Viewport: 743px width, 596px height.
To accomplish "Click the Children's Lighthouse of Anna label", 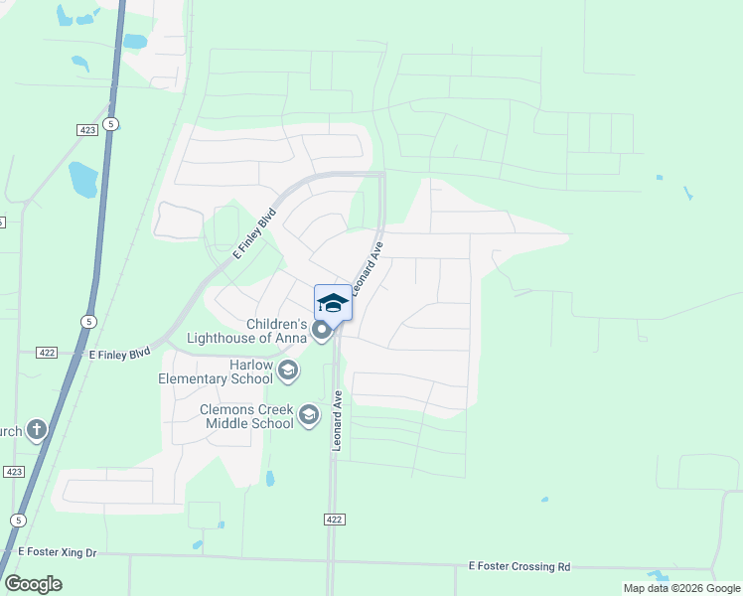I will pyautogui.click(x=275, y=331).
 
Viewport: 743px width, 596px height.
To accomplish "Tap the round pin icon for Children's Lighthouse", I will pyautogui.click(x=321, y=330).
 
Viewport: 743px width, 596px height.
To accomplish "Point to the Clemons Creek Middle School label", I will pyautogui.click(x=246, y=415).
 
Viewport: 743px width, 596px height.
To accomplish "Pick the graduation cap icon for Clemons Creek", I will pyautogui.click(x=309, y=415).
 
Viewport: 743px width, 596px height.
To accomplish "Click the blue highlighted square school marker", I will pyautogui.click(x=333, y=303).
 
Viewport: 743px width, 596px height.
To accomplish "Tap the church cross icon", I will pyautogui.click(x=36, y=430).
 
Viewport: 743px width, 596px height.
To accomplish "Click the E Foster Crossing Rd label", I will pyautogui.click(x=520, y=566).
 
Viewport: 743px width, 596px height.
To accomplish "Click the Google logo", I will pyautogui.click(x=33, y=583).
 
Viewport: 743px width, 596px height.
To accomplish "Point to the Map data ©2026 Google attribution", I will pyautogui.click(x=681, y=588).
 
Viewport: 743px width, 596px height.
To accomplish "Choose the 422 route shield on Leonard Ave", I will pyautogui.click(x=335, y=520).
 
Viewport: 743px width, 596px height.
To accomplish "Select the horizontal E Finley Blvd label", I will pyautogui.click(x=119, y=353).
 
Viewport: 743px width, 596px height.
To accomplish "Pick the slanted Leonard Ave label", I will pyautogui.click(x=367, y=270).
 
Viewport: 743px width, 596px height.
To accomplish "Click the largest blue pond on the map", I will pyautogui.click(x=82, y=179).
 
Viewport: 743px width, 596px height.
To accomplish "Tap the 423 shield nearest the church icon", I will pyautogui.click(x=14, y=472).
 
